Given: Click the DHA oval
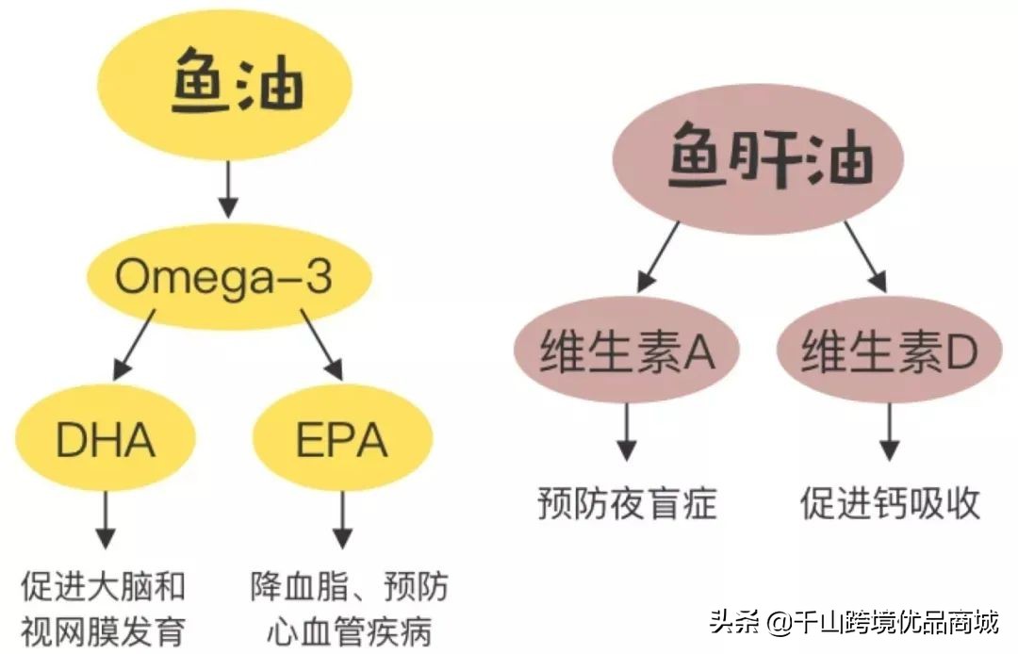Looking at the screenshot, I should [x=105, y=439].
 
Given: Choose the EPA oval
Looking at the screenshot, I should [x=342, y=439].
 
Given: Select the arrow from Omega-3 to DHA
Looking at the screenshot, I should [x=137, y=348].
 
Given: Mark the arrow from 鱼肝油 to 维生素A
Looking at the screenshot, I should [x=660, y=256].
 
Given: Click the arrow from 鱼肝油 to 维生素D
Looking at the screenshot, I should [x=864, y=256].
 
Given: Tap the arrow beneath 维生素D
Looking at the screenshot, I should [x=889, y=433].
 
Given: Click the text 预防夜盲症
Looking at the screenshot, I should [x=627, y=504].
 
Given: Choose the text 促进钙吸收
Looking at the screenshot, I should [x=890, y=504].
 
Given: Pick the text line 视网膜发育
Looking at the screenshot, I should [x=103, y=629].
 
